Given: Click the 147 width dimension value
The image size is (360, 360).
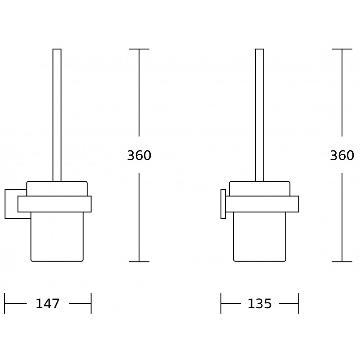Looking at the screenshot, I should (x=47, y=304).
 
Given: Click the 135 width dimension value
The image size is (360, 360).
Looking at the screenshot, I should (x=260, y=304).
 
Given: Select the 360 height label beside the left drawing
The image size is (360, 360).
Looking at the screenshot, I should (x=139, y=156).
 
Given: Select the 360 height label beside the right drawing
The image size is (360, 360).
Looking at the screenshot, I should (x=342, y=156).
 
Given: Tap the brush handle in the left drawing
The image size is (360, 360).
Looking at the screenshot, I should (x=57, y=112).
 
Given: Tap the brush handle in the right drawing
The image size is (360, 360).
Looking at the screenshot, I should (x=260, y=112).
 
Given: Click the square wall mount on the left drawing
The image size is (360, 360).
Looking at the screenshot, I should (x=11, y=204).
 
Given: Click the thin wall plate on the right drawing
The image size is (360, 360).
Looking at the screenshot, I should (x=223, y=204).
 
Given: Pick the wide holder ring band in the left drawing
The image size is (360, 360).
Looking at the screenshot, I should (x=54, y=204).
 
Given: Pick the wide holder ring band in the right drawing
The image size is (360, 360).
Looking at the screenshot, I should (x=262, y=204).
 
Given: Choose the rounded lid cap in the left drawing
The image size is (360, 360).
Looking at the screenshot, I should (x=57, y=189).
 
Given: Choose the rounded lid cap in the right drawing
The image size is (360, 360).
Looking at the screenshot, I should (x=260, y=189).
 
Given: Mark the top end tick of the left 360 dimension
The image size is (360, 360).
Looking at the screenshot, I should (x=139, y=49).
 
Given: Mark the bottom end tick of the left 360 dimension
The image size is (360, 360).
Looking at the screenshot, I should (x=139, y=261).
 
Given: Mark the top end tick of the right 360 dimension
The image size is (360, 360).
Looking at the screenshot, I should (x=342, y=49).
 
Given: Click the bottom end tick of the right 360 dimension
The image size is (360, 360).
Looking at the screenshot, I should (x=342, y=261).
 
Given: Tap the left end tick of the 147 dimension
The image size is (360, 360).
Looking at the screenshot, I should (x=4, y=303).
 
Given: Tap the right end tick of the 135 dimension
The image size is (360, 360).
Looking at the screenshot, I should (x=299, y=303).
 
